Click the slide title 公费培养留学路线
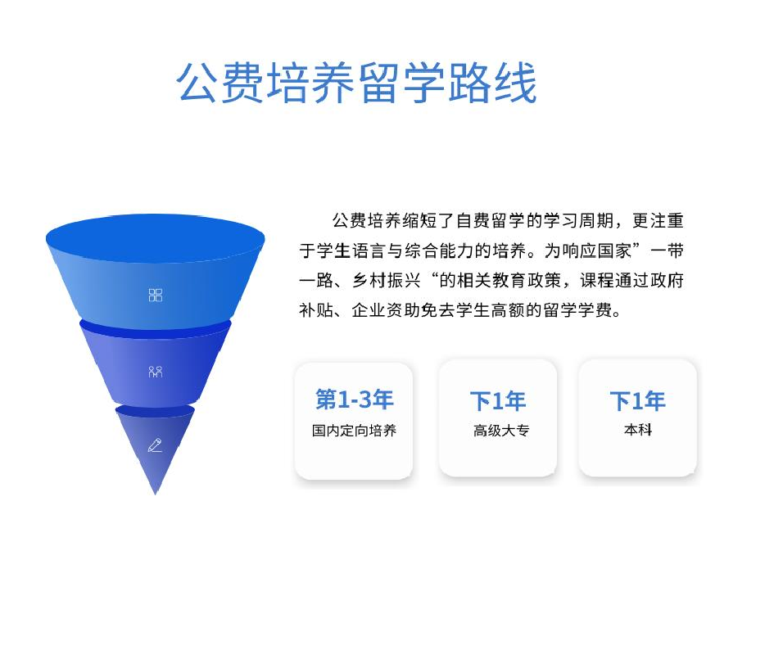tap(356, 83)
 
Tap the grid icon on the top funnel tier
tap(155, 295)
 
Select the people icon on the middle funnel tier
tap(155, 372)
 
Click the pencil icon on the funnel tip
tap(155, 445)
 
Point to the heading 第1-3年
tap(354, 399)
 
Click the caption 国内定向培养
tap(354, 431)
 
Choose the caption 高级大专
tap(501, 431)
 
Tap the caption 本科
tap(638, 430)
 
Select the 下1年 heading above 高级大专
tap(498, 400)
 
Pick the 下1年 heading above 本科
tap(638, 400)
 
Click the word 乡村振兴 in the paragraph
tap(387, 281)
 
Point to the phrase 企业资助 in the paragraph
tap(386, 310)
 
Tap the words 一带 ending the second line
tap(667, 251)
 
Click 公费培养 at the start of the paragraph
tap(366, 221)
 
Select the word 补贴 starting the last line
tap(316, 310)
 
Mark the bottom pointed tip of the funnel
tap(155, 494)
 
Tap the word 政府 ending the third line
tap(667, 281)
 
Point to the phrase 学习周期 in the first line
tap(578, 221)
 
